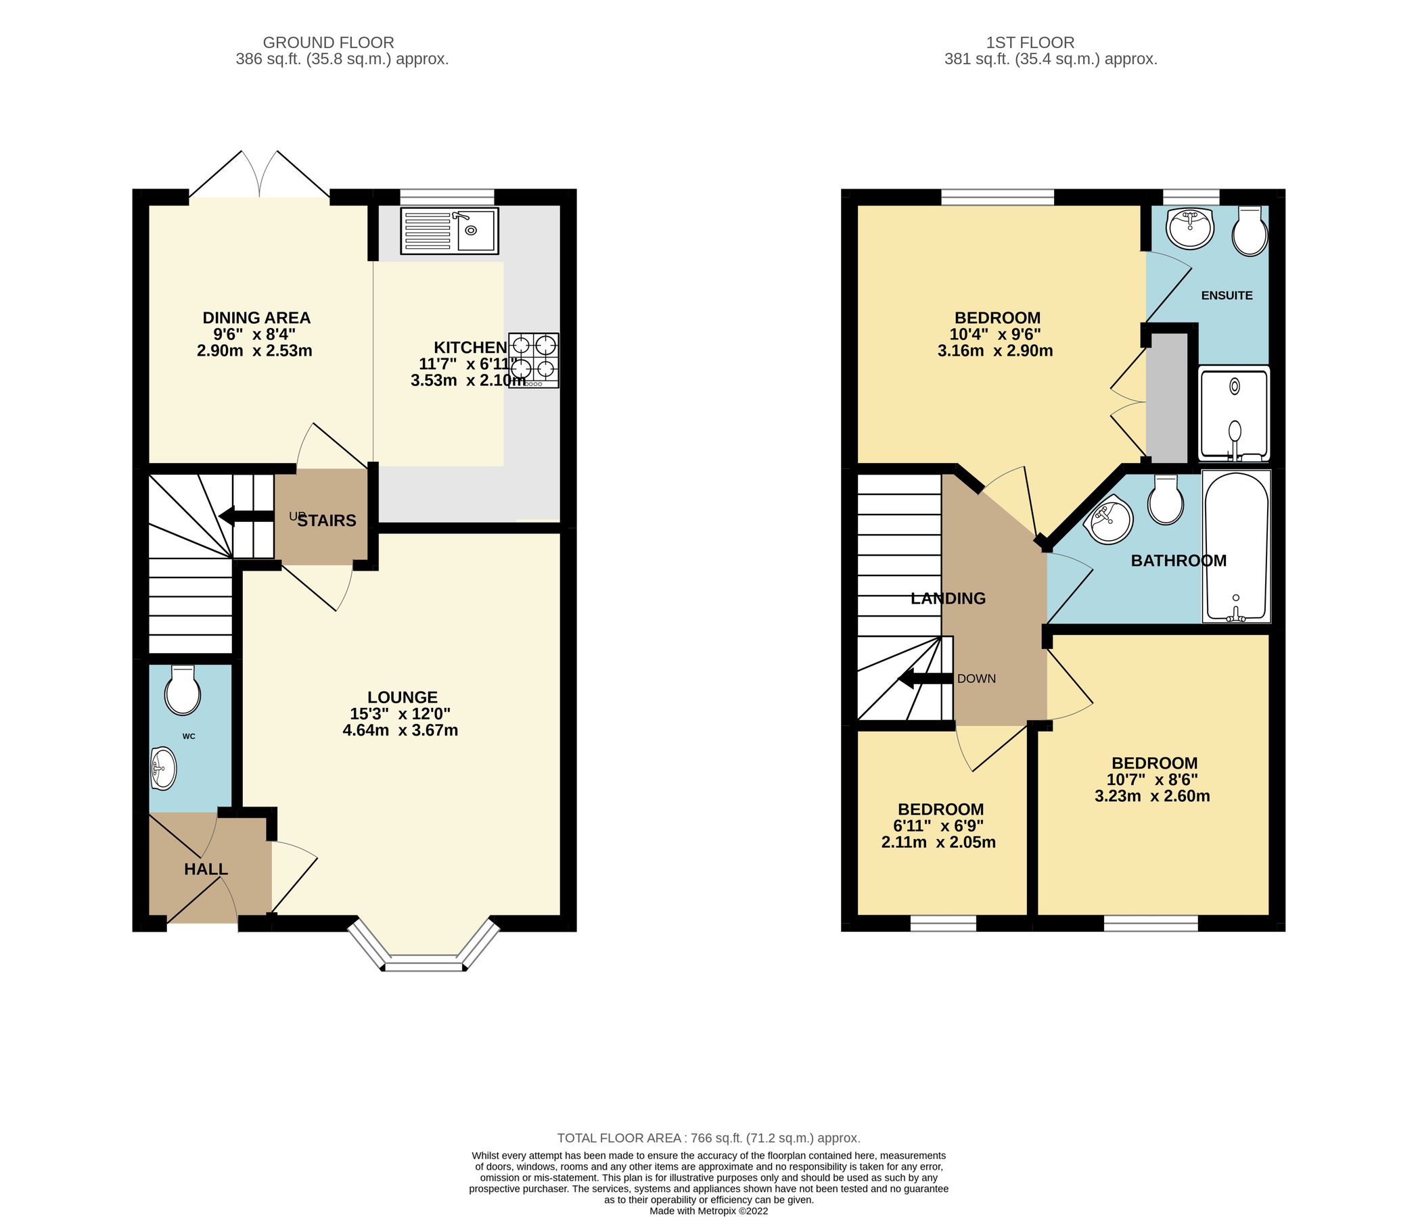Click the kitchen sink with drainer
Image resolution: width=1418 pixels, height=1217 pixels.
point(450,231)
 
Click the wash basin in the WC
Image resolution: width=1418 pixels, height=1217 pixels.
point(163,768)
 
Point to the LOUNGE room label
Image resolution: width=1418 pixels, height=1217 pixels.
point(402,697)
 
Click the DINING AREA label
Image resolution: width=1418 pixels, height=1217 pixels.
point(256,318)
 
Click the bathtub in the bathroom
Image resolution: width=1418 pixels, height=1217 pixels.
point(1236,546)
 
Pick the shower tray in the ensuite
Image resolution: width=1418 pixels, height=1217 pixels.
point(1234,414)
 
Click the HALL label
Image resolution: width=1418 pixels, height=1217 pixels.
point(205,869)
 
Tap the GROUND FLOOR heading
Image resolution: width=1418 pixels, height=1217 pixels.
point(329,43)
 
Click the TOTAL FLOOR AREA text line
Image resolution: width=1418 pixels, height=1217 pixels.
point(708,1139)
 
